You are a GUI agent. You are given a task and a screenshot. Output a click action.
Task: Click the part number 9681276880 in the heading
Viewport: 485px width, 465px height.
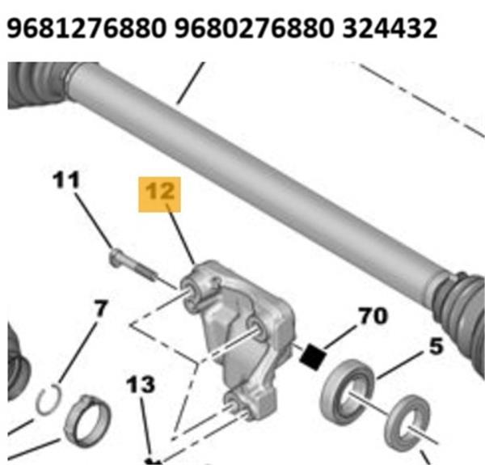coord(86,27)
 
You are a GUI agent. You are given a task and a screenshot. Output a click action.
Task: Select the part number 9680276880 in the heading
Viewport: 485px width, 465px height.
coord(254,27)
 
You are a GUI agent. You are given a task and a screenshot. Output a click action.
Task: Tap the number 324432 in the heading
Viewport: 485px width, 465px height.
coord(390,27)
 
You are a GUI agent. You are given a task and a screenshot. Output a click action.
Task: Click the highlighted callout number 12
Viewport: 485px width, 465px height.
coord(159,194)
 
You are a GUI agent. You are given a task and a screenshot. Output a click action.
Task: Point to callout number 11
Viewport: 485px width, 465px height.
coord(66,180)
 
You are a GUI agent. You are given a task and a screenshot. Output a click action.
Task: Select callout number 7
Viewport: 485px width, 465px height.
coord(101,308)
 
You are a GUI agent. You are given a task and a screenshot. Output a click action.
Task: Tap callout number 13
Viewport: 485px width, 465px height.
coord(141,385)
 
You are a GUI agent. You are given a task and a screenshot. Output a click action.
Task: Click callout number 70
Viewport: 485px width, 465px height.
coord(373,316)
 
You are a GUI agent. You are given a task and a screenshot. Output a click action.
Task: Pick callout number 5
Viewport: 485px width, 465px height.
coord(436,346)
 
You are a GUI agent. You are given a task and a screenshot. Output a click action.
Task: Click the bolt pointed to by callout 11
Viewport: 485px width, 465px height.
coord(133,265)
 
